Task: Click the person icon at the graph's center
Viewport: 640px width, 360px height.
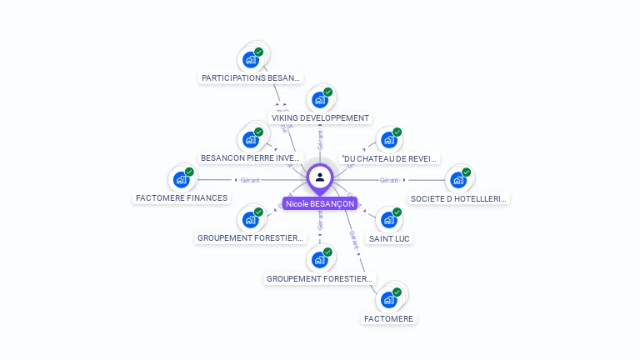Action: click(320, 177)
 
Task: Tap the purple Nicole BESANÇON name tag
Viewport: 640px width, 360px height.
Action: click(320, 203)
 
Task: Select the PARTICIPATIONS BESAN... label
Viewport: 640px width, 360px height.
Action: click(251, 77)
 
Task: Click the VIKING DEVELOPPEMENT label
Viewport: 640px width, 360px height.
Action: click(320, 118)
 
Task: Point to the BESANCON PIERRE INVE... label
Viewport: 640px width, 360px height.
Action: click(251, 157)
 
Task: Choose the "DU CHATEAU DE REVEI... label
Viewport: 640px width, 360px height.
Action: click(389, 158)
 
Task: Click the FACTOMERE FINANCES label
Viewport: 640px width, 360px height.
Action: click(182, 198)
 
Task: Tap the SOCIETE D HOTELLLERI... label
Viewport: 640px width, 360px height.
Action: click(458, 198)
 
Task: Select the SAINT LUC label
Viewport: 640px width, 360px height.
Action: click(389, 238)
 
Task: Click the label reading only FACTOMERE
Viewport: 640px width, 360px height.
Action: click(388, 318)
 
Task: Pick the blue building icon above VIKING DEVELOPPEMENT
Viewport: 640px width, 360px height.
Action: click(319, 100)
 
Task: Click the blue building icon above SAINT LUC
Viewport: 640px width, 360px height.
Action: click(388, 220)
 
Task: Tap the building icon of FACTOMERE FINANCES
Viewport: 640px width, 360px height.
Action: click(181, 180)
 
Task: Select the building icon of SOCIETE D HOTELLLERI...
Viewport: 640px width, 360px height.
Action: click(457, 180)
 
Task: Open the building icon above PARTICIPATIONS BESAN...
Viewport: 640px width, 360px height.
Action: click(250, 60)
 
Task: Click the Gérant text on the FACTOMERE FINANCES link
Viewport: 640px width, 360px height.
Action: click(250, 180)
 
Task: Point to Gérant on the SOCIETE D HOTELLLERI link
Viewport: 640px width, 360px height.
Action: click(388, 180)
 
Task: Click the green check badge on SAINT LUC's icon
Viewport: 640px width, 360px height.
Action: click(397, 212)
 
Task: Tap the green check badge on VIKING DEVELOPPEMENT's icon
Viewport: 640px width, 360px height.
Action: click(328, 92)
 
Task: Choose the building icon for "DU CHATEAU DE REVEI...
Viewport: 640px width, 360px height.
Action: click(388, 140)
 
